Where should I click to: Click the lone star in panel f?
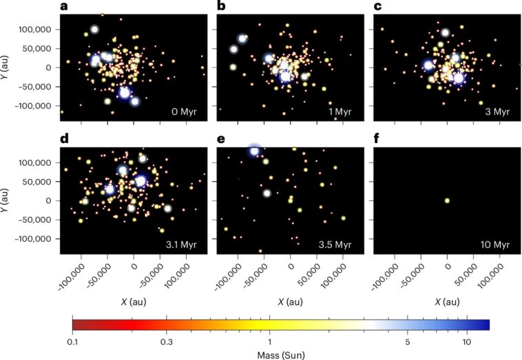coord(447,201)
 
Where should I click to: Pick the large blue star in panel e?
coord(254,151)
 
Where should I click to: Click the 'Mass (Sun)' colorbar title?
coord(280,354)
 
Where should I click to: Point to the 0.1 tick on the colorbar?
coord(72,342)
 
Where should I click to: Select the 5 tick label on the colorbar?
coord(408,342)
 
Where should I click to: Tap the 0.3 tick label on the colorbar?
coord(166,342)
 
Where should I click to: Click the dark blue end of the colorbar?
coord(483,324)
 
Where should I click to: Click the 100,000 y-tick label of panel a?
coord(40,30)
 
